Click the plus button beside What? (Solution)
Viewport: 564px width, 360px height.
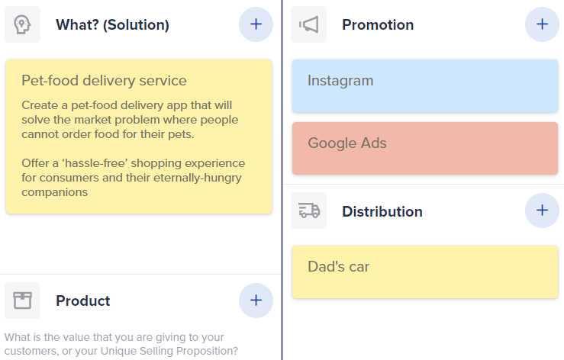(256, 24)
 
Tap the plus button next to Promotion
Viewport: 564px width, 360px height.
(542, 24)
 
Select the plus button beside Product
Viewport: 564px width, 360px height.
(256, 301)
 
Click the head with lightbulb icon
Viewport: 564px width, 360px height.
(22, 24)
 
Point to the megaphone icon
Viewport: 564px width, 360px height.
(308, 24)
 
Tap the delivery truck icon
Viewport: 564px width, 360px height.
(309, 211)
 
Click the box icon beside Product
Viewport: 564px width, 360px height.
(22, 301)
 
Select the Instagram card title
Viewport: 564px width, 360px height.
(340, 81)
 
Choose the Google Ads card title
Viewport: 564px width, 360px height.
(347, 143)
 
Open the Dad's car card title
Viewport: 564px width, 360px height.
(338, 266)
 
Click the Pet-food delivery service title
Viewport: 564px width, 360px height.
(104, 81)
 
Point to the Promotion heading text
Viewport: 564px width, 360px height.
(378, 25)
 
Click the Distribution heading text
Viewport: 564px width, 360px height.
(382, 211)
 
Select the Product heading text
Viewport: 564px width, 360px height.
(82, 301)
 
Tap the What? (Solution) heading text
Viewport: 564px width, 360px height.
(112, 25)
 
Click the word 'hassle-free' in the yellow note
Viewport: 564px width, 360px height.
(95, 163)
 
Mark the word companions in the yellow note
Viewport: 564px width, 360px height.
(55, 192)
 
